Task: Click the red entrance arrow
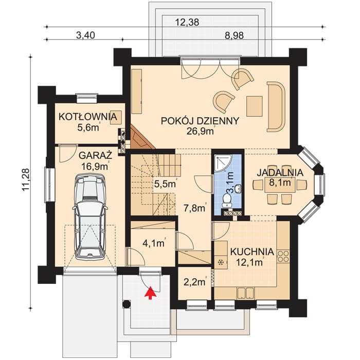point(150,293)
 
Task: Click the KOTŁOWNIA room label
point(88,117)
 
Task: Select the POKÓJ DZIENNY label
point(200,121)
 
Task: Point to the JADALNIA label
point(280,172)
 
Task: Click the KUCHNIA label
point(252,251)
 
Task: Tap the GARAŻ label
point(96,155)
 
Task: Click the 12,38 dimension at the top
point(187,22)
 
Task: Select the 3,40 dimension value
point(85,35)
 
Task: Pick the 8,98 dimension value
point(234,35)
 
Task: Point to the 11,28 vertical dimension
point(26,180)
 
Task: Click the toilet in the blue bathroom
point(227,200)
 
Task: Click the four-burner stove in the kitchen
point(283,257)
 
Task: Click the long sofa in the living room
point(276,107)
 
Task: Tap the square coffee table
point(255,106)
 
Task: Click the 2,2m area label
point(194,282)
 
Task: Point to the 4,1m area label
point(154,243)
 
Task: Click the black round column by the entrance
point(127,304)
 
